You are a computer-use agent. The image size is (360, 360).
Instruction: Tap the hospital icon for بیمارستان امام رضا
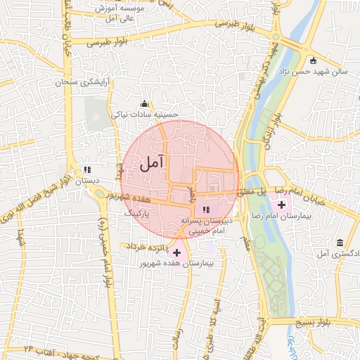coord(282,205)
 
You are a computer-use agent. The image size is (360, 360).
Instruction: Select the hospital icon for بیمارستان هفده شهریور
coord(176,252)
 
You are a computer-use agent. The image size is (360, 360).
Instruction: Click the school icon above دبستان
coord(88,169)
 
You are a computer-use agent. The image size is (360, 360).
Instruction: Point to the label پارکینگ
coord(137,212)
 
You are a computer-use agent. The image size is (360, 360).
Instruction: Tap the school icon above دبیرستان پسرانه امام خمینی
coord(206,210)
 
